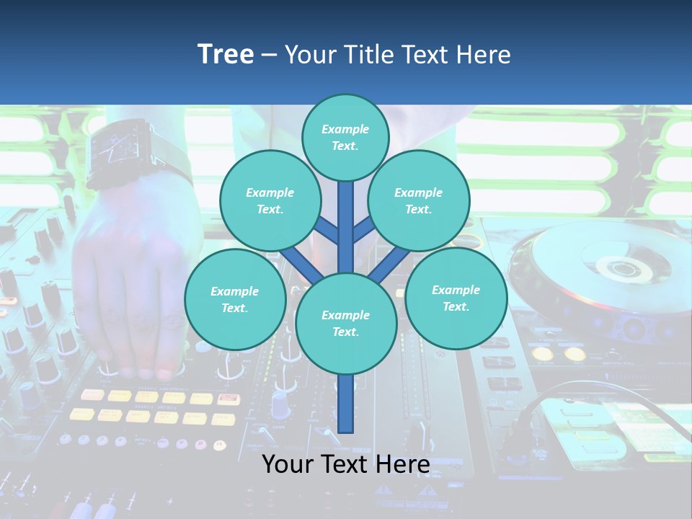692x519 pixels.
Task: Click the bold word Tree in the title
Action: pyautogui.click(x=226, y=55)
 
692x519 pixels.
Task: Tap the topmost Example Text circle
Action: pyautogui.click(x=345, y=137)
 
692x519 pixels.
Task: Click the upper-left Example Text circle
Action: pyautogui.click(x=270, y=200)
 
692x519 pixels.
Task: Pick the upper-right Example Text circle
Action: pyautogui.click(x=418, y=200)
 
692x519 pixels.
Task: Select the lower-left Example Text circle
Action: pyautogui.click(x=234, y=299)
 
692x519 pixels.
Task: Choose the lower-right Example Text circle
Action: pyautogui.click(x=456, y=298)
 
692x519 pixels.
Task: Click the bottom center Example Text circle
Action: pyautogui.click(x=345, y=323)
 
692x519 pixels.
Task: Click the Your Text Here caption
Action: pyautogui.click(x=345, y=464)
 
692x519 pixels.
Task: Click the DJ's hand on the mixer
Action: pyautogui.click(x=137, y=288)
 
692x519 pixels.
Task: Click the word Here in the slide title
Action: pyautogui.click(x=483, y=55)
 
